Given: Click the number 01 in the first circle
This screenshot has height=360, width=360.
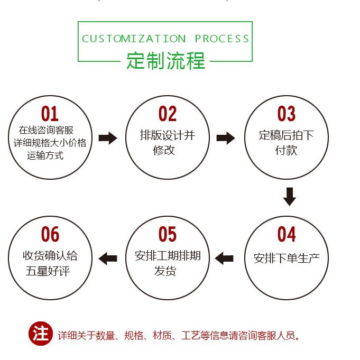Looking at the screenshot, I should [50, 114].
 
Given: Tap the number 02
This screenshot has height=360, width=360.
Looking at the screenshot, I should [167, 114].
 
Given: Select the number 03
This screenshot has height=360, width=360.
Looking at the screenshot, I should [286, 114].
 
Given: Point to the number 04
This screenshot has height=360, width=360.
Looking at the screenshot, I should [286, 234].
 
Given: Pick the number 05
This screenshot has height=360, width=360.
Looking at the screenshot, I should [167, 234].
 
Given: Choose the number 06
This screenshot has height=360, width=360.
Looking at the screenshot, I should [50, 234].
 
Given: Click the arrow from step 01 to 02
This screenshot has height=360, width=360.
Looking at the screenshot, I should [108, 139].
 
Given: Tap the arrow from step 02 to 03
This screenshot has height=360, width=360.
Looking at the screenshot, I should [226, 139].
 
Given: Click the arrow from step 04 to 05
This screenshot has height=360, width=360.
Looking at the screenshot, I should [225, 258].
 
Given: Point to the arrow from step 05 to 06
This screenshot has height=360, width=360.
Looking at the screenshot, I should [108, 258].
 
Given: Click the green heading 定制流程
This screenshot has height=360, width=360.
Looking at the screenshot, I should [165, 61].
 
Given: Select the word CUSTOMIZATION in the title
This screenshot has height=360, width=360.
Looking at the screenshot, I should [134, 39].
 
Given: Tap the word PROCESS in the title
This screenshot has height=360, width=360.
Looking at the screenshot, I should [222, 39].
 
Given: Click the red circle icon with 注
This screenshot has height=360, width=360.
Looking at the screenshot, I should [40, 334].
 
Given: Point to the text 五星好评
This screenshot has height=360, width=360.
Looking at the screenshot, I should [48, 271].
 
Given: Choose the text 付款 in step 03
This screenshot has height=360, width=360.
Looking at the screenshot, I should [286, 150].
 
